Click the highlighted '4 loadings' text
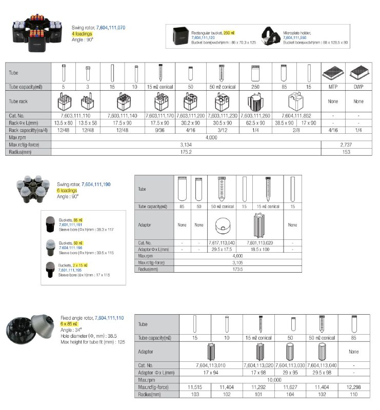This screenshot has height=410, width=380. pyautogui.click(x=82, y=33)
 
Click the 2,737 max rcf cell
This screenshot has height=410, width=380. pyautogui.click(x=346, y=145)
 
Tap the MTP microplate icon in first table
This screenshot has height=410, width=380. pyautogui.click(x=333, y=73)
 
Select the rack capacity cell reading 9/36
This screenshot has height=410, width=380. pyautogui.click(x=161, y=130)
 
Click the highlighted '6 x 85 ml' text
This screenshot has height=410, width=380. pyautogui.click(x=69, y=324)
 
